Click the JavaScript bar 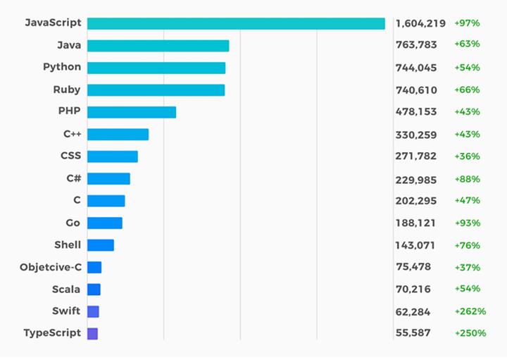pos(236,24)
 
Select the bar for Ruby pos(156,90)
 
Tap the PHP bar pos(132,112)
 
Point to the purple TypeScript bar pos(92,333)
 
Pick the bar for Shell pos(101,245)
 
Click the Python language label pos(62,68)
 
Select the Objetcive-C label pos(50,267)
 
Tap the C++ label pos(72,134)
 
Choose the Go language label pos(73,223)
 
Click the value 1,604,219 pos(420,23)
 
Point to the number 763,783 pos(415,44)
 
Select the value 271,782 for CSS pos(415,156)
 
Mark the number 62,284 pos(413,311)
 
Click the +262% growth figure pos(470,311)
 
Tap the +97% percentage pos(467,23)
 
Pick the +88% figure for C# pos(467,178)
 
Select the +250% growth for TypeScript pos(470,333)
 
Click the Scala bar pos(94,289)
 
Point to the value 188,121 pos(415,223)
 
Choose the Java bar pos(158,46)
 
